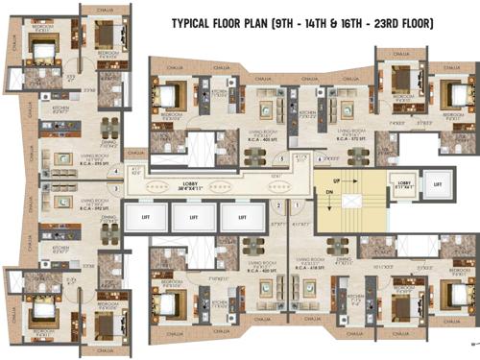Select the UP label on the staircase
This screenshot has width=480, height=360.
pos(335,180)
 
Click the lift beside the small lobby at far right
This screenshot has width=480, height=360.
pos(437,182)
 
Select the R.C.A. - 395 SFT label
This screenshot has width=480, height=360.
pos(97,162)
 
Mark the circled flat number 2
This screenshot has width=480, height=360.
pos(278,204)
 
